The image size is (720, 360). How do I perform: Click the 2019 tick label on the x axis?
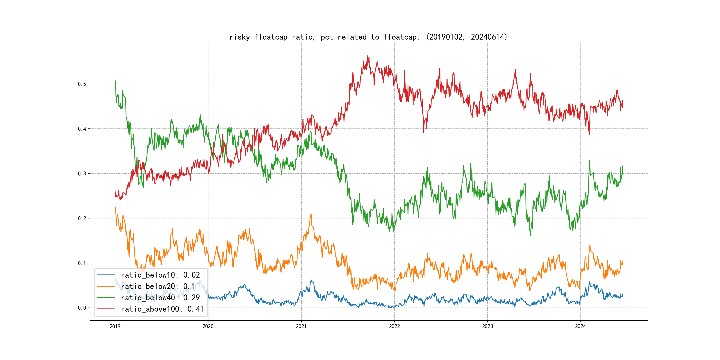(x=115, y=326)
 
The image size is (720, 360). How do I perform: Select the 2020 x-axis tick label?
(x=208, y=326)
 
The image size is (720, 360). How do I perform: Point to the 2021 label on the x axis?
(x=301, y=326)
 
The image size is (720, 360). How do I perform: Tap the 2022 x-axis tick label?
(x=394, y=326)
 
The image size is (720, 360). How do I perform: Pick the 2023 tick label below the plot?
(x=488, y=326)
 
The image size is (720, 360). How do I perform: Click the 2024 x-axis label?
(x=580, y=326)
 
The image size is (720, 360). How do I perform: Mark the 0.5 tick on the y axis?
(x=82, y=84)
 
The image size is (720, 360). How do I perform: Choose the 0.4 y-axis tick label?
(x=82, y=129)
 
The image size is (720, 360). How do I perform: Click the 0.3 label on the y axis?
(x=82, y=174)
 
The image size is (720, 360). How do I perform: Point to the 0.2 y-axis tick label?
(x=82, y=218)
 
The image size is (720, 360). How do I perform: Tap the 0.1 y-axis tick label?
(x=82, y=263)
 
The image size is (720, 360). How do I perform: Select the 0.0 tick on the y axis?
(x=82, y=308)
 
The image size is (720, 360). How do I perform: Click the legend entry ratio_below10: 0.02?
(x=160, y=275)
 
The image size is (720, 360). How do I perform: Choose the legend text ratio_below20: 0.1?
(x=158, y=286)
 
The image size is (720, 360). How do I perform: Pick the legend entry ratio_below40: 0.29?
(x=160, y=298)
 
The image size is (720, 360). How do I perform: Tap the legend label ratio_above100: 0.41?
(x=162, y=309)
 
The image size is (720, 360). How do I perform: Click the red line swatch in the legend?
(x=106, y=309)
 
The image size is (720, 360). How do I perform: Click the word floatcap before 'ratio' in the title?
(x=271, y=37)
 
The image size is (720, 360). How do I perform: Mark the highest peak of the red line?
(x=368, y=56)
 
